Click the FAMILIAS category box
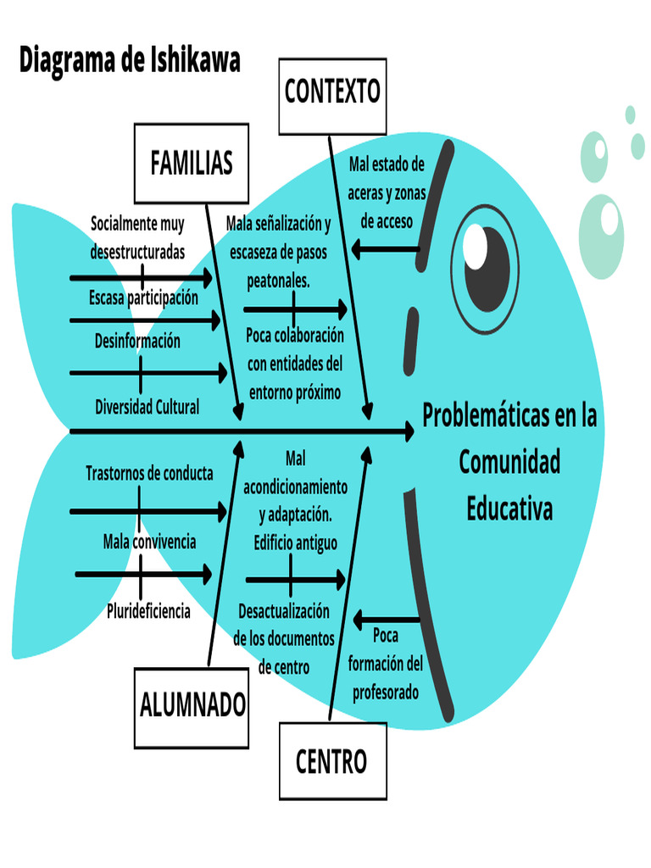click(191, 163)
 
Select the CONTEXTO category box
click(332, 92)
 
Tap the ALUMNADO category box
click(192, 705)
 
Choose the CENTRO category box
click(331, 761)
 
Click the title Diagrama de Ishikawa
click(130, 60)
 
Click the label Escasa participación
click(143, 298)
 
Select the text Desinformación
click(137, 341)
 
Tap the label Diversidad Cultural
click(147, 407)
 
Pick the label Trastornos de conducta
click(149, 474)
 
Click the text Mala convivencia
click(149, 541)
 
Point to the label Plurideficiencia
click(148, 610)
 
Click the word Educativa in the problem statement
click(509, 509)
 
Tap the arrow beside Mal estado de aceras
click(386, 249)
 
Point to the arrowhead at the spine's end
click(408, 432)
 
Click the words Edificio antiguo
click(295, 542)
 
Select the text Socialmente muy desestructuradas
click(137, 238)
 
